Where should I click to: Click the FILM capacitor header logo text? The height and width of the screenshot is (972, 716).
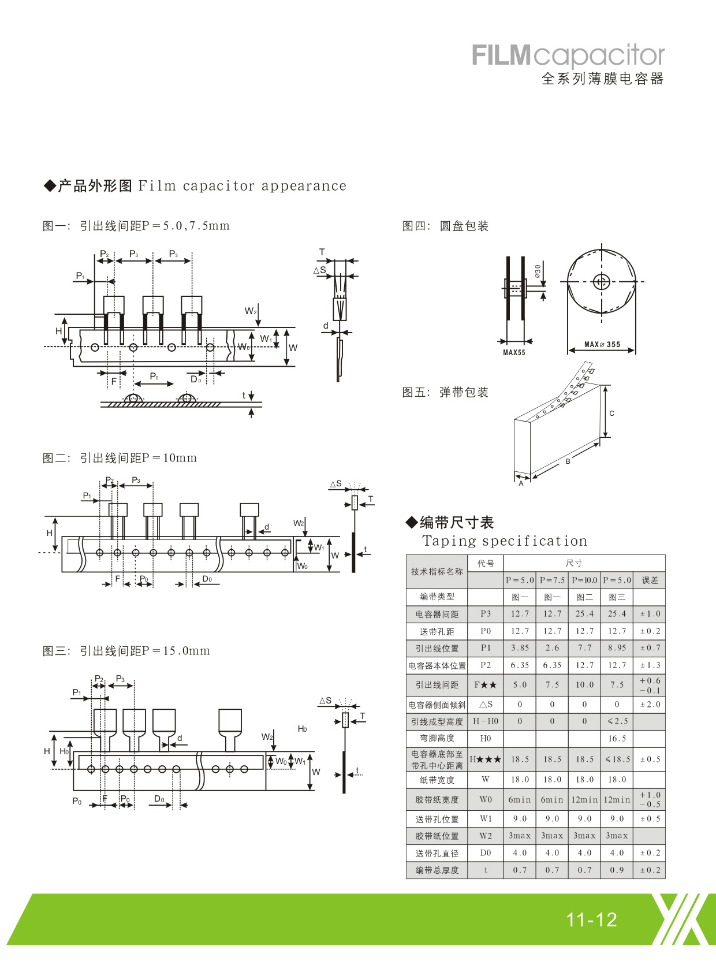(x=568, y=55)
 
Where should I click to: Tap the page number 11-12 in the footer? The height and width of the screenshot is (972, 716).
(x=591, y=920)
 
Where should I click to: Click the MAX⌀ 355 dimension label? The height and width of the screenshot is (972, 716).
(x=602, y=345)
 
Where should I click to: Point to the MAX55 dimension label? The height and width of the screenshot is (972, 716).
(x=514, y=353)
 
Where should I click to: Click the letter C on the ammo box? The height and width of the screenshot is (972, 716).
(x=612, y=414)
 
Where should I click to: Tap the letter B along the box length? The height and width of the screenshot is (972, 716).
(x=568, y=461)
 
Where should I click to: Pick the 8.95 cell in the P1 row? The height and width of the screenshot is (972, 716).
(x=617, y=648)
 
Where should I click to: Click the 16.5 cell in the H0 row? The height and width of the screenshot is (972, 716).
(x=617, y=739)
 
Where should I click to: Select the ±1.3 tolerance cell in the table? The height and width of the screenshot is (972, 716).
(x=650, y=665)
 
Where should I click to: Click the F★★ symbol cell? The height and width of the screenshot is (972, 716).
(x=485, y=685)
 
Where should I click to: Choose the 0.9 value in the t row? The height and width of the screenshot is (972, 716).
(x=617, y=870)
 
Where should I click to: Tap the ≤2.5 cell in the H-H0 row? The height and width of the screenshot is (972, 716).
(x=617, y=721)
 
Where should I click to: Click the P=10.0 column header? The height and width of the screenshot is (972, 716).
(x=584, y=580)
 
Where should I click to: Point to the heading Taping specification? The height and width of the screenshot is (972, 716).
(x=505, y=541)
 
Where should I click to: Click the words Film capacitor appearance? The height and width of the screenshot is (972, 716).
(x=243, y=186)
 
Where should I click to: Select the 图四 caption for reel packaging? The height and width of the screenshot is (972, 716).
(x=445, y=226)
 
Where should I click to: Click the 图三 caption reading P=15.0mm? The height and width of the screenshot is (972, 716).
(x=126, y=651)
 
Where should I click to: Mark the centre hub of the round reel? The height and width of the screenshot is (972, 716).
(x=601, y=282)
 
